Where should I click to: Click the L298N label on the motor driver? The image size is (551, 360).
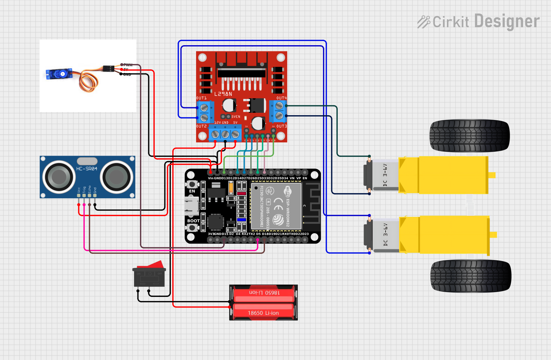pos(223,94)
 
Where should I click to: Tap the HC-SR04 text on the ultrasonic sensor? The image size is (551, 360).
pos(86,169)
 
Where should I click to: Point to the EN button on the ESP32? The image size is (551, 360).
pos(192,184)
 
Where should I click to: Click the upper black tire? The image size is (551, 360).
pos(469,136)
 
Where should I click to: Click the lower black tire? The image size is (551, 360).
pos(470,276)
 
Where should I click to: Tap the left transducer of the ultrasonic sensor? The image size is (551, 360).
pos(59,177)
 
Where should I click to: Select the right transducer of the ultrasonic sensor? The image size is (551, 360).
pos(116,177)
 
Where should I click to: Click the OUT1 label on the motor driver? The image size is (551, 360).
pos(201,98)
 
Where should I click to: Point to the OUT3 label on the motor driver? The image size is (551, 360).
pos(282,126)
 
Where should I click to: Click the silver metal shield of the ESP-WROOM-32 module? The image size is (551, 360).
pos(276,206)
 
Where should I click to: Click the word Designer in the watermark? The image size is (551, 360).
pos(507,21)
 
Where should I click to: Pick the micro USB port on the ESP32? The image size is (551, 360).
pos(192,206)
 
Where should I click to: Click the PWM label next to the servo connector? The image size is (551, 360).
pos(128,65)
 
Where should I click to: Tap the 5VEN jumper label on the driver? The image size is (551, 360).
pos(236,117)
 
